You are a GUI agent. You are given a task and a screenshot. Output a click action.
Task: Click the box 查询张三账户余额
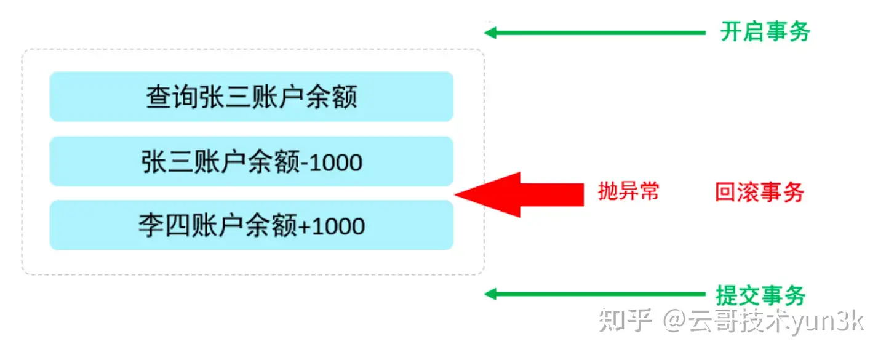251,97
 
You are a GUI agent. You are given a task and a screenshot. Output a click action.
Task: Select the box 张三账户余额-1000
251,162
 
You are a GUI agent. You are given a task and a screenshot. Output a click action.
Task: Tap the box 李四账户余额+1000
251,226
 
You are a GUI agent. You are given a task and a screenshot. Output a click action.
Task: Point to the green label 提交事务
760,295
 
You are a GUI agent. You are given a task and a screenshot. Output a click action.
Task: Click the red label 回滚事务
759,193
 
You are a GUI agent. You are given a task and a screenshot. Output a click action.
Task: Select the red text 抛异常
628,191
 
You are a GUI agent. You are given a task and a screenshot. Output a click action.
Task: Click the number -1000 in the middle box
333,162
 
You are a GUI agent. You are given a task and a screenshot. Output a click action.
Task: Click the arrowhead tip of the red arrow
458,194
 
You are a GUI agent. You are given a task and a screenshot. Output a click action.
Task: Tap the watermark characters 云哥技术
738,321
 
